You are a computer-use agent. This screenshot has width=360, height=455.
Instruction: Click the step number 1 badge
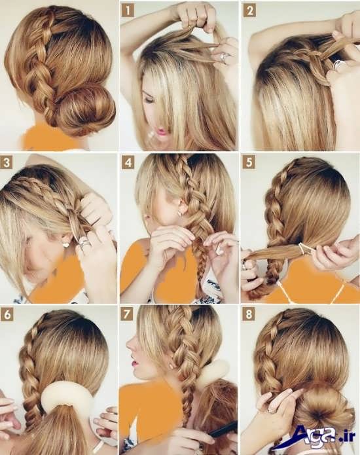coord(128,10)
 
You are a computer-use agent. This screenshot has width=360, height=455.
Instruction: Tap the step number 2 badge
coord(249,10)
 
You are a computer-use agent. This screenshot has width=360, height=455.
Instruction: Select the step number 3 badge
coord(7,162)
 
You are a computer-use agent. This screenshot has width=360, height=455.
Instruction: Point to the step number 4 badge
coord(128,162)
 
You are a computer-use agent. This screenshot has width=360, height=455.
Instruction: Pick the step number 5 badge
coord(249,162)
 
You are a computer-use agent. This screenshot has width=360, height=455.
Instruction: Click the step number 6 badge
coord(7,314)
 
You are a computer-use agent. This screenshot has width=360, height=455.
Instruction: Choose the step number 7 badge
coord(127,314)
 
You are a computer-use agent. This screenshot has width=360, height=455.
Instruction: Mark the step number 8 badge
coord(249,314)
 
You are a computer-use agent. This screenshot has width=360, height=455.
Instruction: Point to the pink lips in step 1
coord(162,132)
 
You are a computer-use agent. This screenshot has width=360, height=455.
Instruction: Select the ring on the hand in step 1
coord(224,58)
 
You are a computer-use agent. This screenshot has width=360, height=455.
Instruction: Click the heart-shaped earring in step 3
coord(66,245)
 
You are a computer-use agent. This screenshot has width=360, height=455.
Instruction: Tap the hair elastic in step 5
coord(304,249)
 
